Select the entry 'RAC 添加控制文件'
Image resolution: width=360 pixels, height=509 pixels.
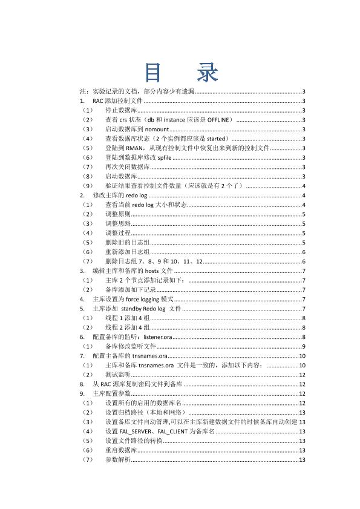pyautogui.click(x=117, y=101)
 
